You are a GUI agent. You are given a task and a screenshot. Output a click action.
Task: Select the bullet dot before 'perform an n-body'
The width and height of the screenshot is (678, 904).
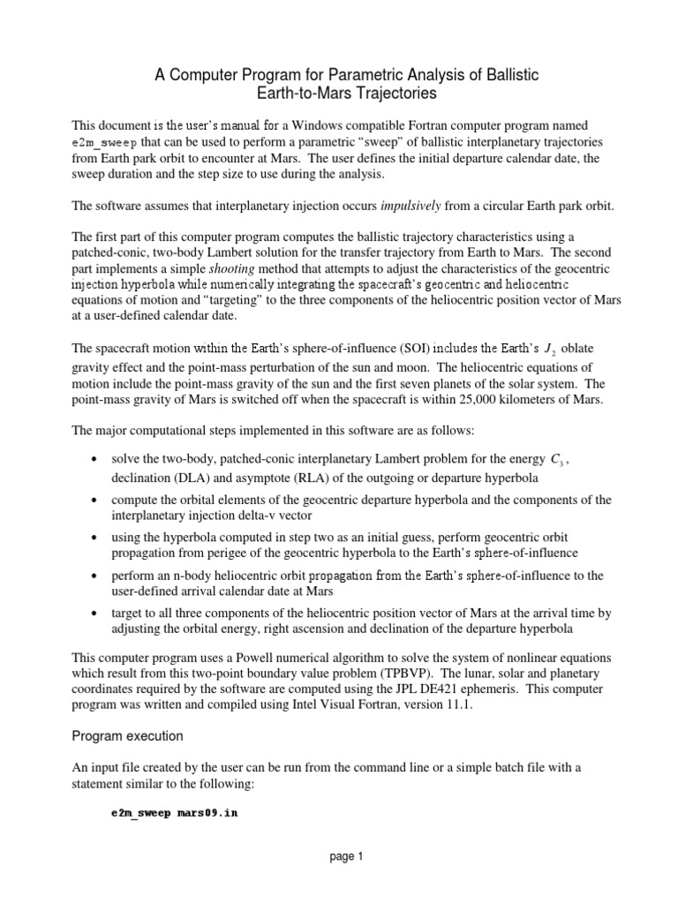pos(94,576)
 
